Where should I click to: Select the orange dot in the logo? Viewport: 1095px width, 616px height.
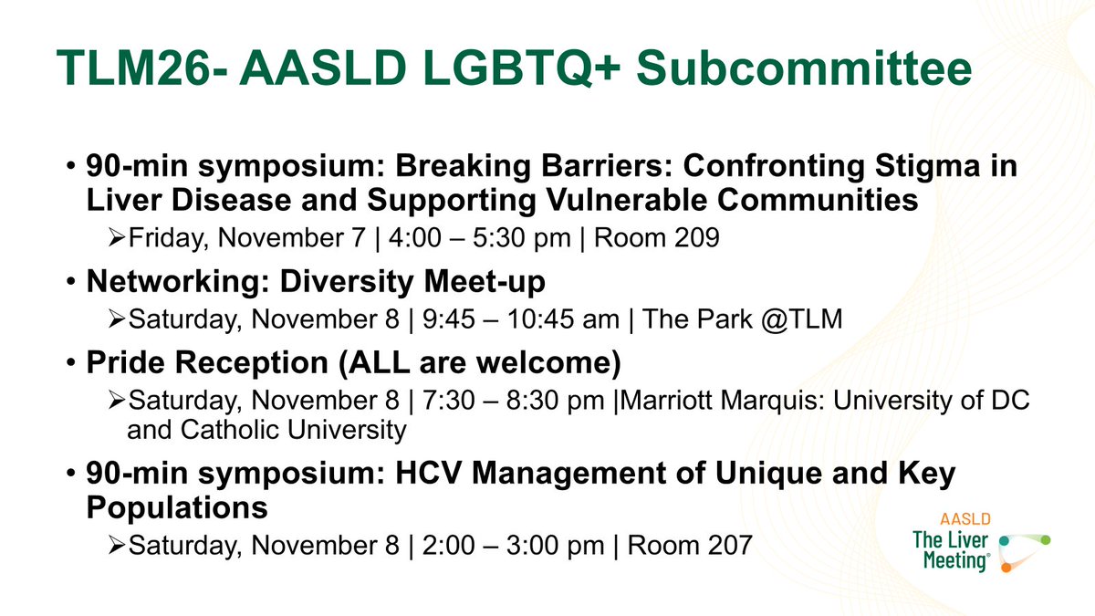click(1005, 567)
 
